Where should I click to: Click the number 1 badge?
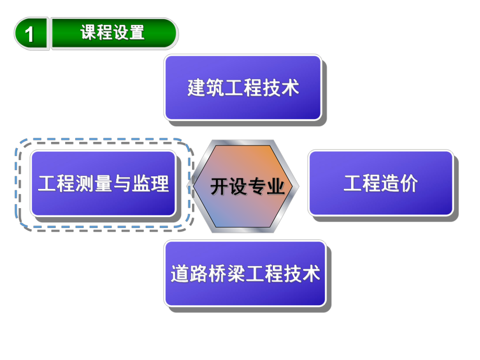tap(30, 34)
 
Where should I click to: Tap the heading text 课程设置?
tap(112, 33)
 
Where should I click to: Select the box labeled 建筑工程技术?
tap(243, 88)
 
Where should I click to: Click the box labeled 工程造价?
tap(380, 184)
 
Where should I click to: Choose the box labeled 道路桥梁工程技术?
tap(245, 273)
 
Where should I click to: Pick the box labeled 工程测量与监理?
tap(103, 184)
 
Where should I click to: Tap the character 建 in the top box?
tap(196, 88)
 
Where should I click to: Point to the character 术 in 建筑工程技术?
tap(291, 88)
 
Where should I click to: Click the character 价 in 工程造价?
tap(409, 184)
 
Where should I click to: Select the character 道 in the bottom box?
tap(179, 274)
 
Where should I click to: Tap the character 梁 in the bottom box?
tap(236, 274)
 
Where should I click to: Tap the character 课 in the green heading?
tap(89, 33)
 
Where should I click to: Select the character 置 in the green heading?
tap(137, 33)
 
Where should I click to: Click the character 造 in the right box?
tap(390, 184)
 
